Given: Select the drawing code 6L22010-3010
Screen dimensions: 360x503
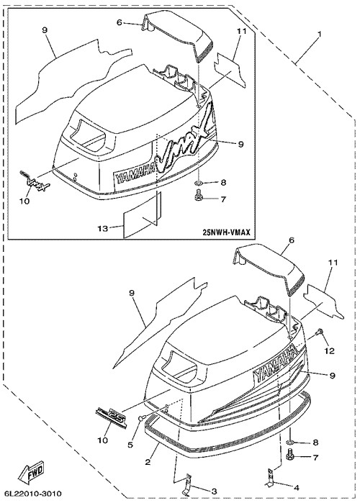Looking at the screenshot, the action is pyautogui.click(x=33, y=494).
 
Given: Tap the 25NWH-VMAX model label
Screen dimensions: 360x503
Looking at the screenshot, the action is pyautogui.click(x=226, y=232).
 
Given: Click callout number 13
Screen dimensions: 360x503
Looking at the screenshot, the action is pyautogui.click(x=103, y=228).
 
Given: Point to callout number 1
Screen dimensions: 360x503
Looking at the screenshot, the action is pyautogui.click(x=319, y=33).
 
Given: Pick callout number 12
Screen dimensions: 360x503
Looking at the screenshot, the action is pyautogui.click(x=330, y=350).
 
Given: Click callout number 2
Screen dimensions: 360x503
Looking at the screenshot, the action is pyautogui.click(x=148, y=462).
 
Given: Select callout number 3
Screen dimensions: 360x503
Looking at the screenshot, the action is pyautogui.click(x=214, y=491).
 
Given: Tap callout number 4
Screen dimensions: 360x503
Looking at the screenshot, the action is pyautogui.click(x=296, y=487).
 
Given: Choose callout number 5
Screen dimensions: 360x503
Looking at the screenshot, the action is pyautogui.click(x=130, y=445).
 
